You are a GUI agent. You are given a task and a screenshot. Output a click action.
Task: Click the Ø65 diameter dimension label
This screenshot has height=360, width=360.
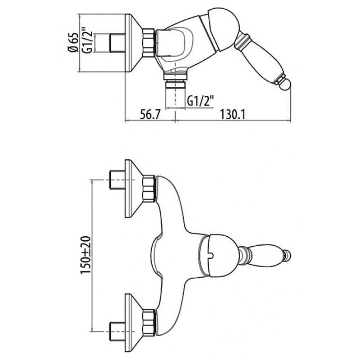pyautogui.click(x=74, y=43)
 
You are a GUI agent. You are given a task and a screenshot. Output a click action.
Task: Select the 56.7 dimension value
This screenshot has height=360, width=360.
pyautogui.click(x=150, y=114)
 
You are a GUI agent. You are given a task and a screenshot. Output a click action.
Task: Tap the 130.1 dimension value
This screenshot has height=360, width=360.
pyautogui.click(x=233, y=114)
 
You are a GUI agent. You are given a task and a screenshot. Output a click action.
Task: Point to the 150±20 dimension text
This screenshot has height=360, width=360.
pyautogui.click(x=86, y=255)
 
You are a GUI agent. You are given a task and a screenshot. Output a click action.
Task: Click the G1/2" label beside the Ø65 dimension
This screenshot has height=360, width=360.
pyautogui.click(x=88, y=40)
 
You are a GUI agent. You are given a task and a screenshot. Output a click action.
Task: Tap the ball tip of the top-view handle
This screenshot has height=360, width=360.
pyautogui.click(x=287, y=255)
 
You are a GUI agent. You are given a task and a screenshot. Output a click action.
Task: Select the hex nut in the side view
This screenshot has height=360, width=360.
pyautogui.click(x=148, y=42)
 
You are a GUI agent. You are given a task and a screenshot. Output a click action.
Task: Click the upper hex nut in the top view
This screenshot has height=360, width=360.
pyautogui.click(x=149, y=189)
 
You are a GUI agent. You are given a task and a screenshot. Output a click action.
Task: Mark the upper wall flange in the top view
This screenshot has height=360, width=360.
pyautogui.click(x=134, y=189)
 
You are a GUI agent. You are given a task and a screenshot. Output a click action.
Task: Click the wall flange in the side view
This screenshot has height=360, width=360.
pyautogui.click(x=134, y=43)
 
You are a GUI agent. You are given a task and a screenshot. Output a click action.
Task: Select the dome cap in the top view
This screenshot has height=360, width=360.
pyautogui.click(x=217, y=255)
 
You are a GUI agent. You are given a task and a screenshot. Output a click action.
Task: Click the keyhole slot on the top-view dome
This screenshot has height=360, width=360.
pyautogui.click(x=210, y=254)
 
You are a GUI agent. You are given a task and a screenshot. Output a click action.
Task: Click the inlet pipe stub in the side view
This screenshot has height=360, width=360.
pyautogui.click(x=117, y=42)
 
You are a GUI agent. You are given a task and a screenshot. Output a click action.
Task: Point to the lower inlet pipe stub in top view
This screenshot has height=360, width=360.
pyautogui.click(x=117, y=331)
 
